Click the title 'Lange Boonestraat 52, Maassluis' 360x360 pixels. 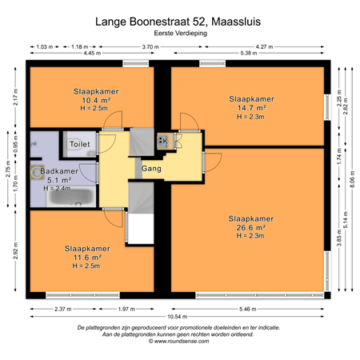click(179, 23)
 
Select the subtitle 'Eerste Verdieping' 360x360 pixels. click(179, 36)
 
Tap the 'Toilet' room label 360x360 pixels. click(80, 144)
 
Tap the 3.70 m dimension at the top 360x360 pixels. click(147, 47)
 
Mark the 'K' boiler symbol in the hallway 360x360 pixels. click(164, 142)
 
